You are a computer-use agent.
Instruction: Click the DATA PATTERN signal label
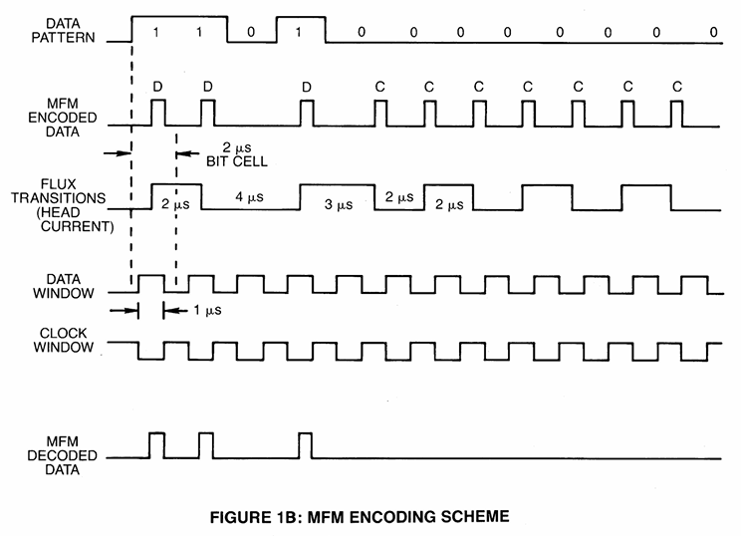pos(64,31)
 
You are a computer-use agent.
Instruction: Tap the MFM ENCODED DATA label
pos(63,118)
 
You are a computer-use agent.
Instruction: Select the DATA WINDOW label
pos(64,286)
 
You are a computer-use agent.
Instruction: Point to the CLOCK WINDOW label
pos(64,340)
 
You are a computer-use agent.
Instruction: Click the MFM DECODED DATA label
pos(62,455)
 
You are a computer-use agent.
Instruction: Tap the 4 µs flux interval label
pos(250,196)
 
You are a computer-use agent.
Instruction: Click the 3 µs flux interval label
pos(339,204)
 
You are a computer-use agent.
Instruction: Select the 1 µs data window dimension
pos(207,310)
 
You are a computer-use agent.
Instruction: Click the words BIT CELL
pos(237,161)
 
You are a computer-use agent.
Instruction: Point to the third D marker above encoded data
pos(307,87)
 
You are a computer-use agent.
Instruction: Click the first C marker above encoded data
pos(379,87)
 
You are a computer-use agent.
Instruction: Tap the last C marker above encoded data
pos(677,87)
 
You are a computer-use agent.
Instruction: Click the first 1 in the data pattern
pos(155,32)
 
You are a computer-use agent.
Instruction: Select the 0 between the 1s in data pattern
pos(251,32)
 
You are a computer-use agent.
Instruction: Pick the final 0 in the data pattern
pos(713,32)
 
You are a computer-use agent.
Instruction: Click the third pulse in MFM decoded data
pos(306,445)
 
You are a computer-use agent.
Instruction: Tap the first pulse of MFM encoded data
pos(158,113)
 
